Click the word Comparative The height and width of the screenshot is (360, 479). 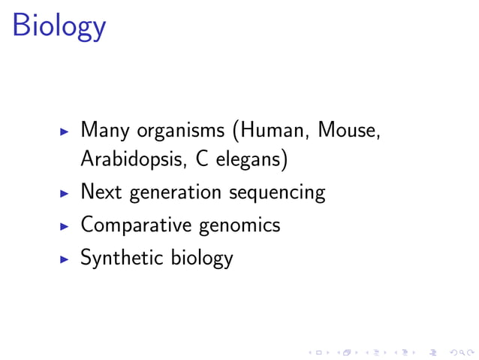click(137, 225)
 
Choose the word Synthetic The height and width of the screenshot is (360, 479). click(122, 258)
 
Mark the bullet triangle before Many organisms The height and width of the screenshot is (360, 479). click(65, 131)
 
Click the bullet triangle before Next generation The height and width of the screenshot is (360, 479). click(65, 194)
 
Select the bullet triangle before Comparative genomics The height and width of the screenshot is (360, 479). click(65, 225)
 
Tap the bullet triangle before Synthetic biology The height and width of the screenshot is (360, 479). click(65, 258)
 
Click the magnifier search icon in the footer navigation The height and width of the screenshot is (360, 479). click(459, 350)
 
